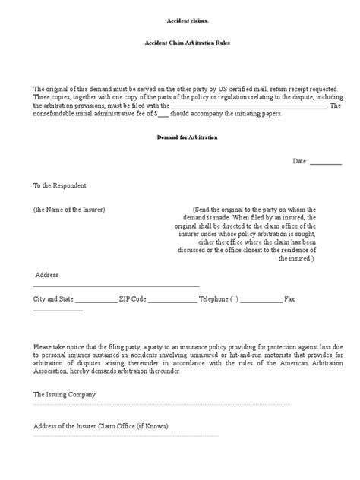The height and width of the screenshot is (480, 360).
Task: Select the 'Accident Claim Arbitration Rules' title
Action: pyautogui.click(x=180, y=44)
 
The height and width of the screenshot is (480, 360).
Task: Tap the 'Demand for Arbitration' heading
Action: pyautogui.click(x=180, y=140)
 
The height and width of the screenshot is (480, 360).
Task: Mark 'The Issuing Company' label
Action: pyautogui.click(x=65, y=395)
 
